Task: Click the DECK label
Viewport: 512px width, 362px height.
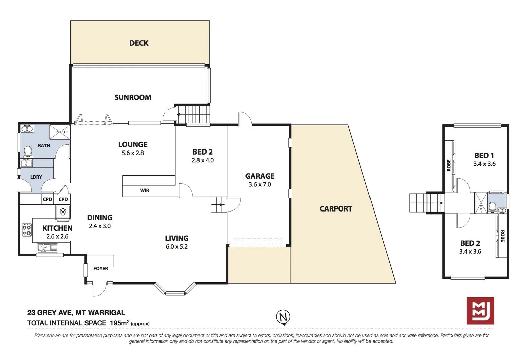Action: (139, 43)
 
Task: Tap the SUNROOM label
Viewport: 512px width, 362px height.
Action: (132, 97)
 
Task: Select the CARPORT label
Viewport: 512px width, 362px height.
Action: (336, 209)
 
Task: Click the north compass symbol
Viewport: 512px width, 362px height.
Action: (283, 317)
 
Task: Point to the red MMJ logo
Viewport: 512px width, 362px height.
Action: (480, 311)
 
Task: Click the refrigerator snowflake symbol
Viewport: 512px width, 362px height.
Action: (63, 212)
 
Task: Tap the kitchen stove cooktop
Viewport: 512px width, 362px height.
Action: (27, 230)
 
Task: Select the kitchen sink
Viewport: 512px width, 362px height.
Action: (47, 248)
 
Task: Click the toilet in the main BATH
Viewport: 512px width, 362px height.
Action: (28, 151)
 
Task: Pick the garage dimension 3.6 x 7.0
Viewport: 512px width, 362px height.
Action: (260, 184)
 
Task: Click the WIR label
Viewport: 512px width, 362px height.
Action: (145, 190)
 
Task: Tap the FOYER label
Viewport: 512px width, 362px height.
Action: (100, 268)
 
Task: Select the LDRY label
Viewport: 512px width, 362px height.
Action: (36, 177)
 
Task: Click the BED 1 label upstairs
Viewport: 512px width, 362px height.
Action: (484, 155)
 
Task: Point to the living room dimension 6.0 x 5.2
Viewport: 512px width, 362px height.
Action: (176, 247)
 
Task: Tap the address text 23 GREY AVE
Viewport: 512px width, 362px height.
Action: (50, 313)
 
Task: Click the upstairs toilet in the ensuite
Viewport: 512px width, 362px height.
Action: (492, 206)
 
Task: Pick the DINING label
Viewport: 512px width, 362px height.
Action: (100, 218)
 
